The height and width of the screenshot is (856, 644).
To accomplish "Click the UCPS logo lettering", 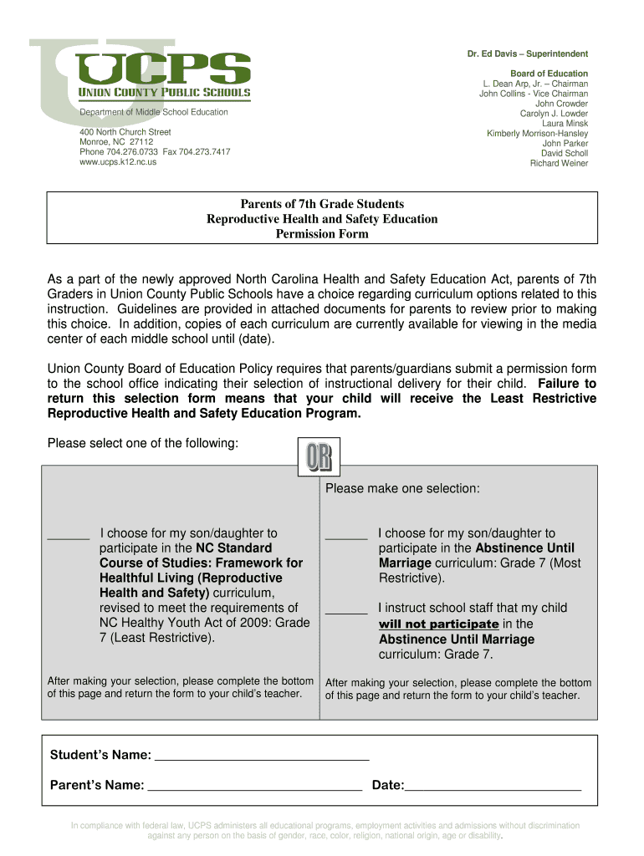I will pos(163,67).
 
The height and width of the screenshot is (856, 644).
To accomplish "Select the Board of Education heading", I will pos(549,74).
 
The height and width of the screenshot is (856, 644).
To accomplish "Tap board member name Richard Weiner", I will pos(559,163).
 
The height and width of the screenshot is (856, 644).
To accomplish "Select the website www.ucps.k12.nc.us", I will pos(117,162).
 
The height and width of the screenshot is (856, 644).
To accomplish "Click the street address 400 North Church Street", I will pos(125,132).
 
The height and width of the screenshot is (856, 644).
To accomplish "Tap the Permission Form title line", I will pos(322,234).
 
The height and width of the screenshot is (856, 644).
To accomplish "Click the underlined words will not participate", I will pos(438,624).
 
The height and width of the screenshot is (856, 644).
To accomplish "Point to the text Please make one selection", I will pos(402,488).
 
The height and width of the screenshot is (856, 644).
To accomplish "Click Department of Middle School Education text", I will pos(153,112).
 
